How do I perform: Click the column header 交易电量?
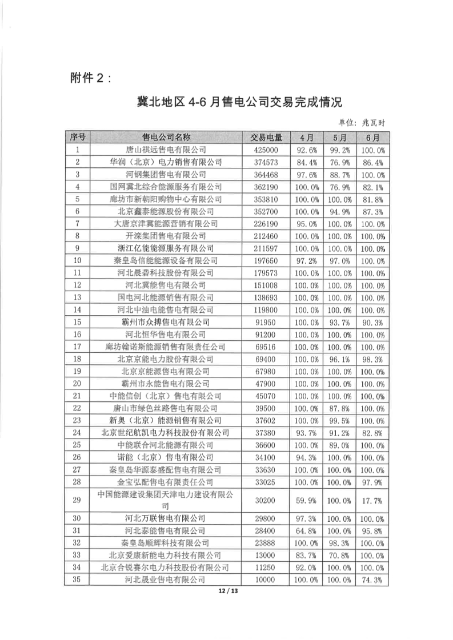click(266, 138)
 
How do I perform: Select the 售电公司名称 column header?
click(166, 138)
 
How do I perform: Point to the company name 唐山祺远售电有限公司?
click(166, 150)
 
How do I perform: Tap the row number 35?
click(78, 579)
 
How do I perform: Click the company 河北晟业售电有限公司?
click(166, 579)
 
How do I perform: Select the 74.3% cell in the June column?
click(372, 579)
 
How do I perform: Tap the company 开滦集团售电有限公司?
click(166, 236)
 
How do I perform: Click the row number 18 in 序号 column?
click(78, 359)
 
